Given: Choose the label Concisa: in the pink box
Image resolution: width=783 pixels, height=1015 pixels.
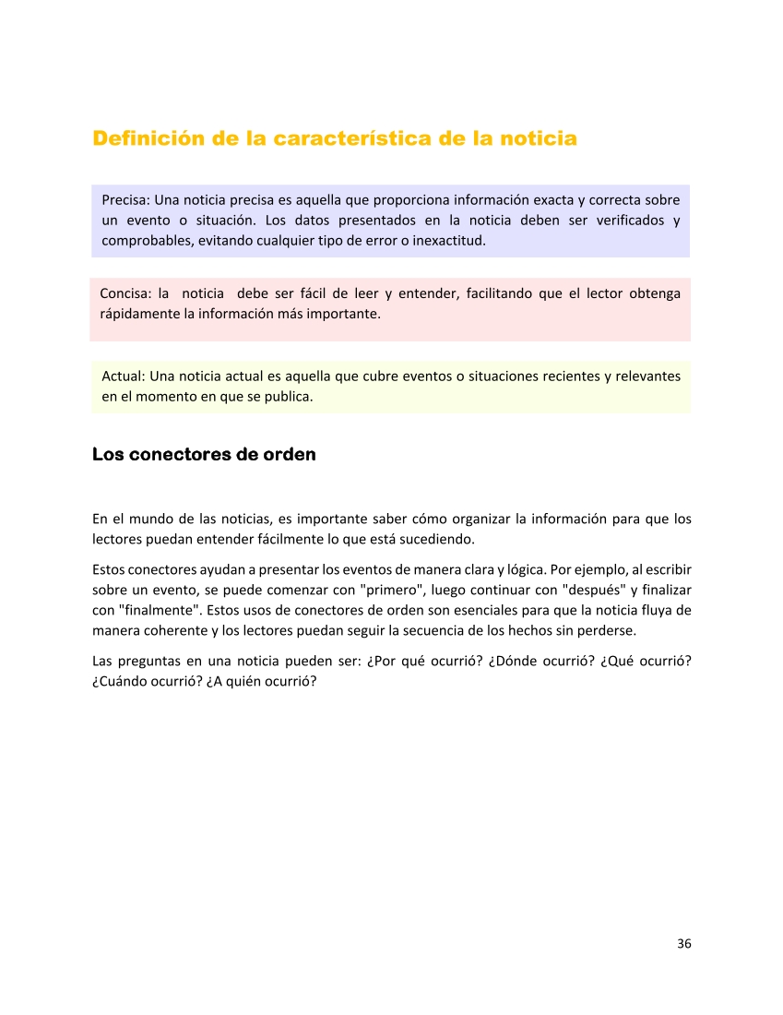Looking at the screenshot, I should pos(125,293).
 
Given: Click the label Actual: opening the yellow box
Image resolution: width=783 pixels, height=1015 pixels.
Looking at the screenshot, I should pos(124,376).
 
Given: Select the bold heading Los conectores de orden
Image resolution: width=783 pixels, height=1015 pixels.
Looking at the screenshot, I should pos(204,455).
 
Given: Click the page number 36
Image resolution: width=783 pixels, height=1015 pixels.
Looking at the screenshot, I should pos(683,943).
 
